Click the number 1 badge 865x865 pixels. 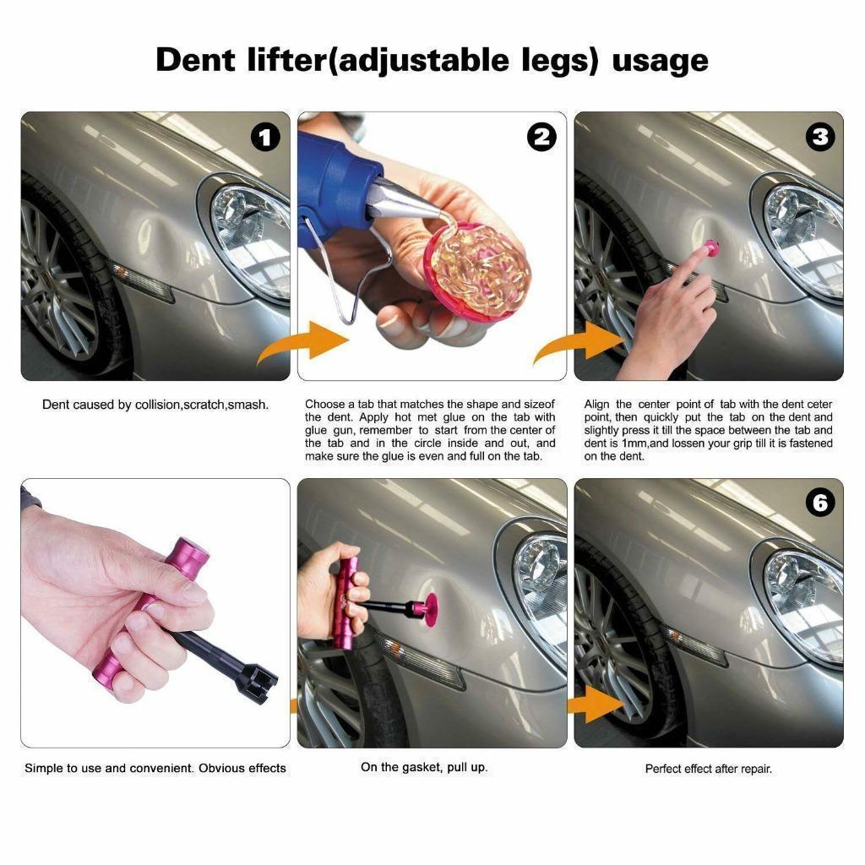pos(265,138)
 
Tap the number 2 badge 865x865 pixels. pos(541,138)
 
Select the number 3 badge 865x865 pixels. pos(820,138)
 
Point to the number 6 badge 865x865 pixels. pos(820,503)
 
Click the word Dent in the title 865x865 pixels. pos(195,60)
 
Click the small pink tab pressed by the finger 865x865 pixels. pos(711,248)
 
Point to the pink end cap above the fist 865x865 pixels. pos(190,558)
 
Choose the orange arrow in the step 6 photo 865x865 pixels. pos(596,705)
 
